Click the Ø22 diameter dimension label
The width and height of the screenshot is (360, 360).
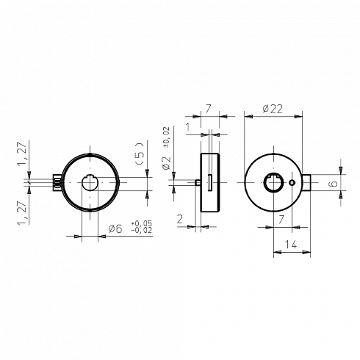tap(273, 109)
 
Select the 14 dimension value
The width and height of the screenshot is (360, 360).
tap(291, 244)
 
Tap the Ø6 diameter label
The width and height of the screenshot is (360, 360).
tap(115, 228)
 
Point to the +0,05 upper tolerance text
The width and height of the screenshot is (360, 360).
tap(142, 223)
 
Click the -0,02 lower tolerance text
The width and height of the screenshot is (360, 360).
tap(142, 230)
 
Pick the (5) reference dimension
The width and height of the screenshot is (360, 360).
tap(140, 154)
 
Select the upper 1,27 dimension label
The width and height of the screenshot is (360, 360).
tap(23, 154)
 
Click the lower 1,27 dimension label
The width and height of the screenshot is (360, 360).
tap(23, 213)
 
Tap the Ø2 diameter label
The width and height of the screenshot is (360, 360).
tap(166, 162)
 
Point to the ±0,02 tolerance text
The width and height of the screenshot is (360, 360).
tap(166, 137)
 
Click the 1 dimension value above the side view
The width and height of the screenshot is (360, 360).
tap(188, 127)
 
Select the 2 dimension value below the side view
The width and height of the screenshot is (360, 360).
tap(180, 219)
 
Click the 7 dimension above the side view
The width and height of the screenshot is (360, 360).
tap(208, 109)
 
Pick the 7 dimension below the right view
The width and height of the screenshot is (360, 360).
tap(281, 220)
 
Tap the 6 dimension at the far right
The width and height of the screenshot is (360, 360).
tap(334, 184)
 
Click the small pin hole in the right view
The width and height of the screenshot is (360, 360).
tap(292, 182)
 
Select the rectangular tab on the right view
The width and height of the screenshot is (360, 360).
tap(306, 182)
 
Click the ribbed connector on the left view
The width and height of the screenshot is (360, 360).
tap(57, 182)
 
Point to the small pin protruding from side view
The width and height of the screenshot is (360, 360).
tap(198, 183)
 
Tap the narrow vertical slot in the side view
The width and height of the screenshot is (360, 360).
tap(209, 182)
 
